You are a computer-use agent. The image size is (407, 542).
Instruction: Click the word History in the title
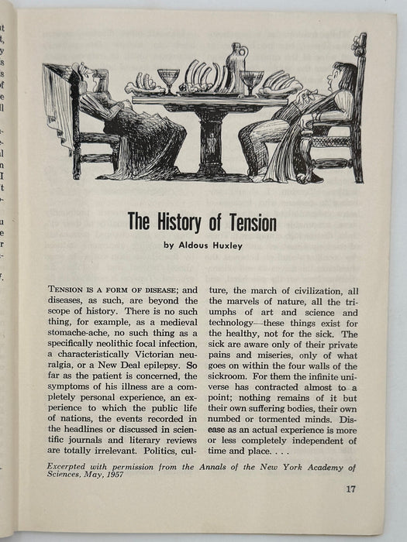(181, 224)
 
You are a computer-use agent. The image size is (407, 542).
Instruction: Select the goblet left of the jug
(168, 79)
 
